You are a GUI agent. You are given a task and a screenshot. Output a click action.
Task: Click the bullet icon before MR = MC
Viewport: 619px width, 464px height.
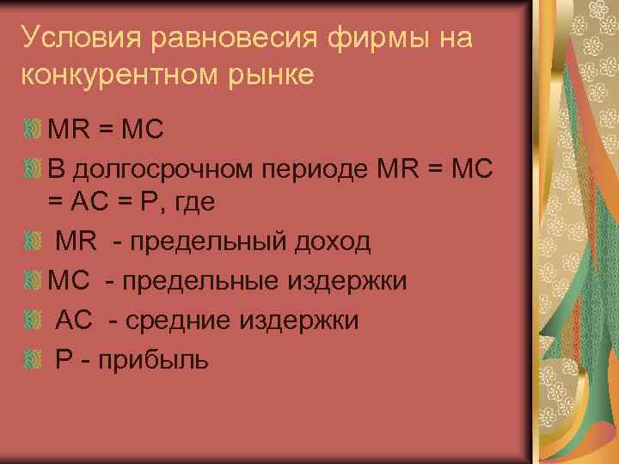point(33,129)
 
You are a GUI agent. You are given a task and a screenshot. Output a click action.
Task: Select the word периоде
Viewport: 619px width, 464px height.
point(326,168)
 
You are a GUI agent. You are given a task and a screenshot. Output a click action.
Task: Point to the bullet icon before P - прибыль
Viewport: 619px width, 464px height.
point(33,357)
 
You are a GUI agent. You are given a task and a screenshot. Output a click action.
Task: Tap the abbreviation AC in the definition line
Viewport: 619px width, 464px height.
point(74,320)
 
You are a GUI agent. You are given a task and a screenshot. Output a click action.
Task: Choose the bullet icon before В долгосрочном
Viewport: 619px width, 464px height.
point(33,168)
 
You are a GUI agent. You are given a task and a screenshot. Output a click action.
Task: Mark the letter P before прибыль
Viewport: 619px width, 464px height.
point(64,358)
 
